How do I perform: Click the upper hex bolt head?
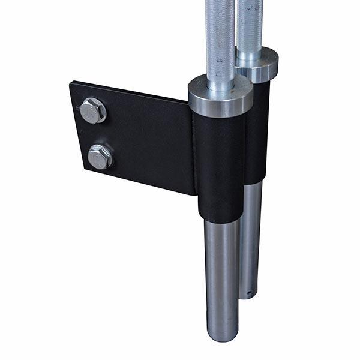pyautogui.click(x=93, y=110)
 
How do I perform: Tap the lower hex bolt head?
pyautogui.click(x=100, y=157)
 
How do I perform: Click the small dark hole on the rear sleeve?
pyautogui.click(x=249, y=293)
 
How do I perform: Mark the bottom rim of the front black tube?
pyautogui.click(x=220, y=219)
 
